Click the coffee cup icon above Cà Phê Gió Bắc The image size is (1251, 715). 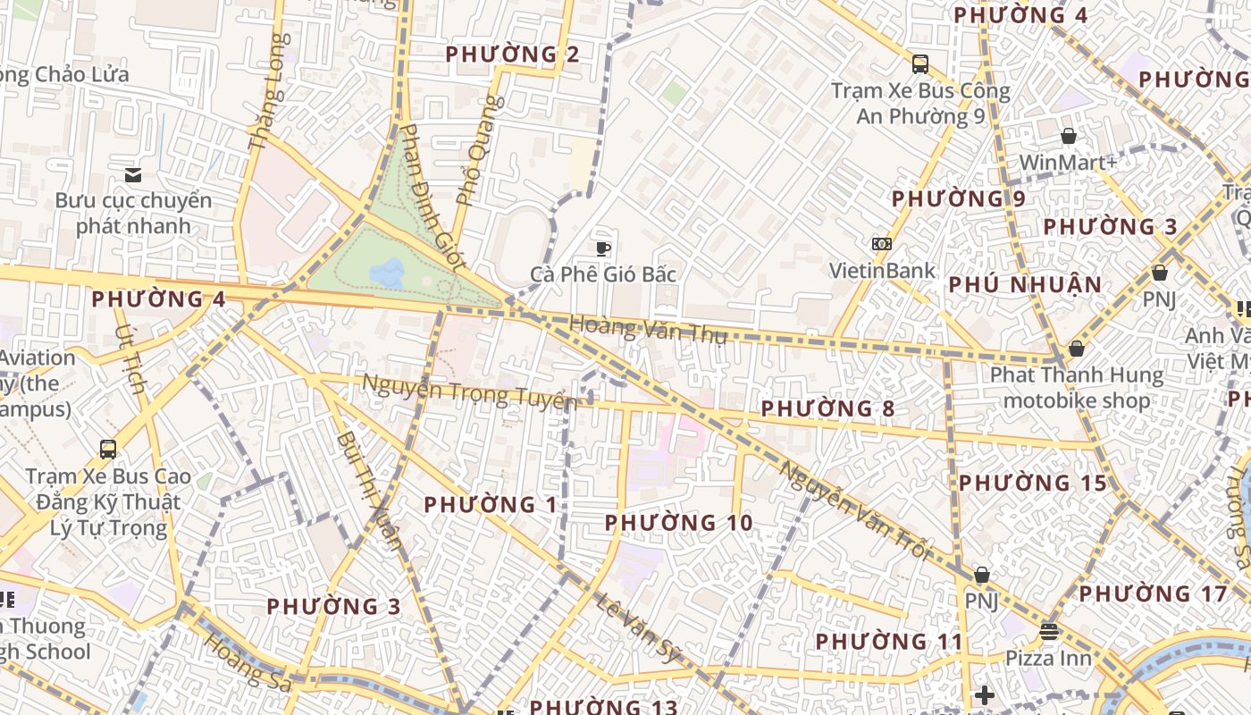(603, 248)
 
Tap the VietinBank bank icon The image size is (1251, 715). (882, 244)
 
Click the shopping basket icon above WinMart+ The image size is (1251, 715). (1068, 136)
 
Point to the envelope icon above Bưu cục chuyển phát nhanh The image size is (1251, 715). (133, 174)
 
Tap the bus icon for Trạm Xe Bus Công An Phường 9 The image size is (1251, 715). (919, 64)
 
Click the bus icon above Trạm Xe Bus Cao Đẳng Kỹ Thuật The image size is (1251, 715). (108, 450)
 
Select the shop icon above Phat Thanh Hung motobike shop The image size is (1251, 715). (1076, 349)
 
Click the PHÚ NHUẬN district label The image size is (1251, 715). (1025, 285)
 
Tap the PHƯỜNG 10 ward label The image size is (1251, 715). (678, 522)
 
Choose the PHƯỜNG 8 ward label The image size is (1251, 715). (827, 408)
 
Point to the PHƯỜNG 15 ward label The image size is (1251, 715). (1033, 484)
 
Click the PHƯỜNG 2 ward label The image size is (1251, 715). (512, 55)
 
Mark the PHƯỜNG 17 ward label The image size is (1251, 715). (1153, 593)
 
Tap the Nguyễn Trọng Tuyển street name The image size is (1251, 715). (469, 391)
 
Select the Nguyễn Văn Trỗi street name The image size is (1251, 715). (853, 509)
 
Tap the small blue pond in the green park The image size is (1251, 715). (388, 273)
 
